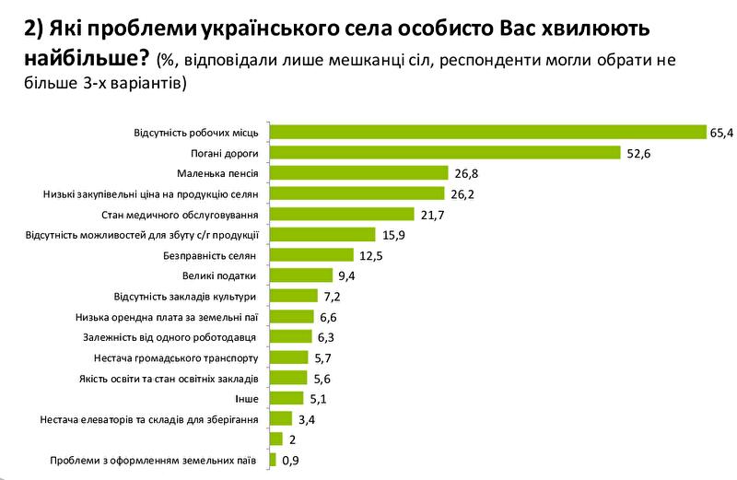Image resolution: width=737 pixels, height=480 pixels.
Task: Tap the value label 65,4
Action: (719, 133)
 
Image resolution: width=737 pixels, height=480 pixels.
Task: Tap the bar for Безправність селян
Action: (310, 254)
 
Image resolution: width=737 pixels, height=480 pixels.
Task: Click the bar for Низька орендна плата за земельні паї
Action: (290, 316)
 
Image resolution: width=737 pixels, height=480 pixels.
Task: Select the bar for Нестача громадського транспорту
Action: (287, 357)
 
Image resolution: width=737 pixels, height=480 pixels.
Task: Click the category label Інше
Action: (248, 398)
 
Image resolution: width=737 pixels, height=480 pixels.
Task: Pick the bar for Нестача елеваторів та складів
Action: (280, 418)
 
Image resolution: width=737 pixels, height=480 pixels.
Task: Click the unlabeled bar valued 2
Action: (275, 439)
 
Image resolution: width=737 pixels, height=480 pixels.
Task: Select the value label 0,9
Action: (290, 459)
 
